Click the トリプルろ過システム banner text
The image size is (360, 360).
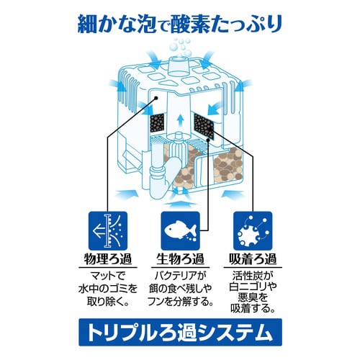pyautogui.click(x=180, y=333)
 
